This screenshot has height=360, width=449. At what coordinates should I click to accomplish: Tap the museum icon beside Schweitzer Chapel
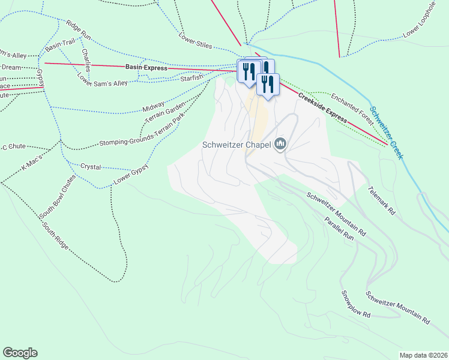(280, 144)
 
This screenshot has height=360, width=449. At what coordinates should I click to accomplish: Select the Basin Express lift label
(146, 68)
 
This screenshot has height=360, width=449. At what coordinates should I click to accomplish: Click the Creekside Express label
(322, 108)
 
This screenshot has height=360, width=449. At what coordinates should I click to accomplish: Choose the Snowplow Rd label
(356, 304)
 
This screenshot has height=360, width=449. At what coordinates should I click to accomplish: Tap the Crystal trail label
(91, 166)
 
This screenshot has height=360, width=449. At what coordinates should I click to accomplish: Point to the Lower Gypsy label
(131, 172)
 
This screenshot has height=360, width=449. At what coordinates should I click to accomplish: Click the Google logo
(20, 353)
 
